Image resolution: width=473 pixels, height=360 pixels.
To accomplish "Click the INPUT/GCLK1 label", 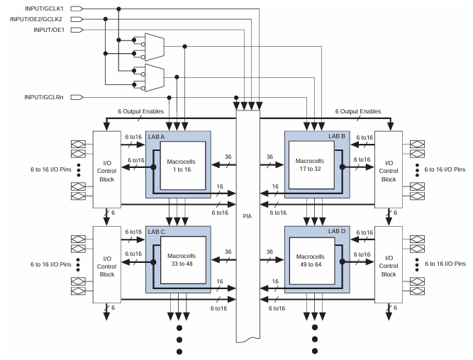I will coord(42,9).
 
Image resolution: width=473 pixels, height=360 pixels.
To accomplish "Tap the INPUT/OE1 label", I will coord(47,30).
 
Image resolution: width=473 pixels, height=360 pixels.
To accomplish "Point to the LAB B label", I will coord(337,136).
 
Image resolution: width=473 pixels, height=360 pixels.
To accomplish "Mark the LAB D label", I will coord(337,232).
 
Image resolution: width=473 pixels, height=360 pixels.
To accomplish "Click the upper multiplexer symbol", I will coord(155,45).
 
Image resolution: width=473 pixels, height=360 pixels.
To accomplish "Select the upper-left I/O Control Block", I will coord(107,169).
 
